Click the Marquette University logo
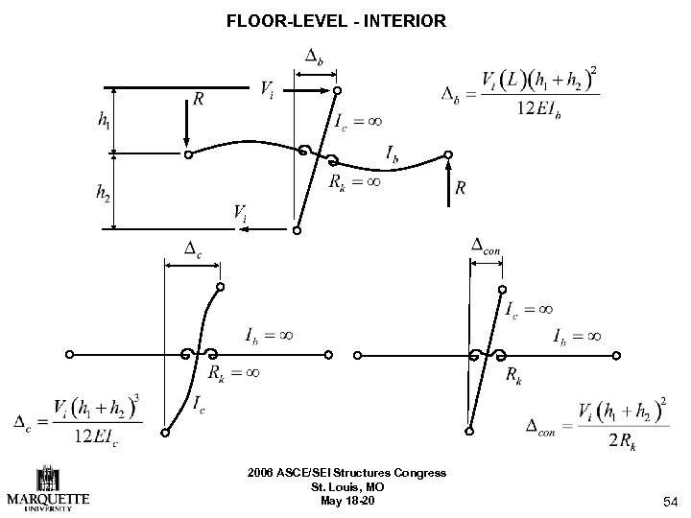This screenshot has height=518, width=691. click(x=48, y=488)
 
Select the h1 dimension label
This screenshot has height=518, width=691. click(x=103, y=121)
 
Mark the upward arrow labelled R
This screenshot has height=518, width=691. click(x=448, y=188)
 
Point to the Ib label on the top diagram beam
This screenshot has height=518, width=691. click(x=393, y=153)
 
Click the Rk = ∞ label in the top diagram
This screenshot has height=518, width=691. click(x=354, y=180)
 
